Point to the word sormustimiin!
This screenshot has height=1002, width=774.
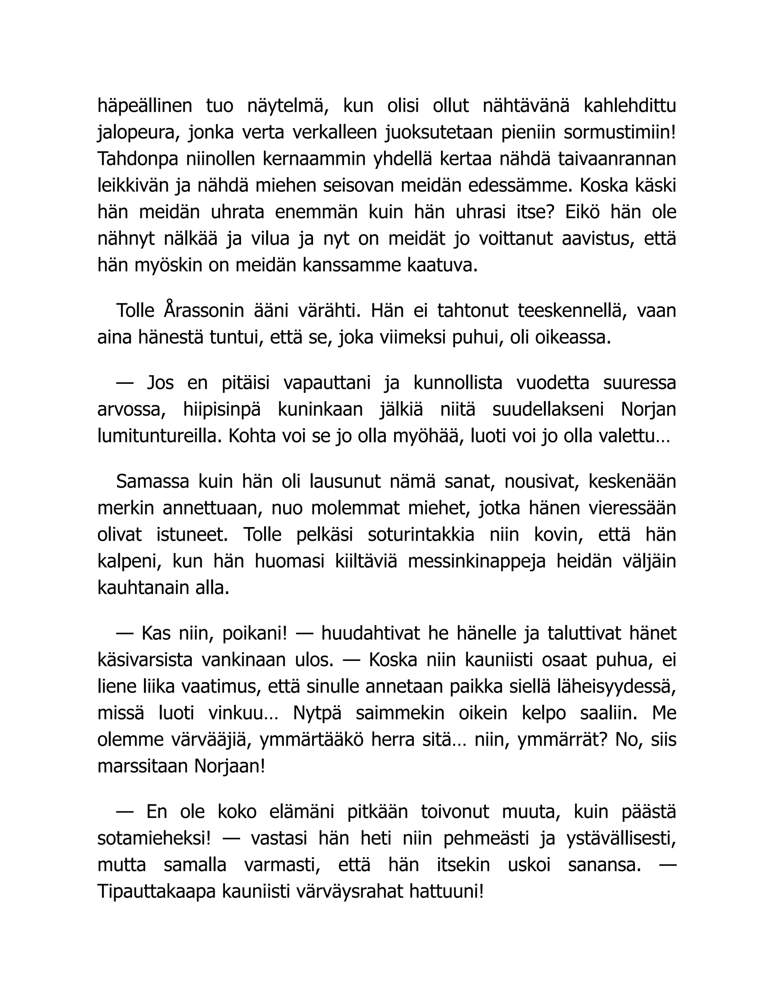[619, 133]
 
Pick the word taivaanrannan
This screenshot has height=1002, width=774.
[617, 160]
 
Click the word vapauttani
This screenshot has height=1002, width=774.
[327, 383]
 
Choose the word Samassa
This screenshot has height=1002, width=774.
[153, 482]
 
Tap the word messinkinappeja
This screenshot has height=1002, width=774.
[477, 562]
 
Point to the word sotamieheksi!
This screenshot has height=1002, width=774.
[154, 839]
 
